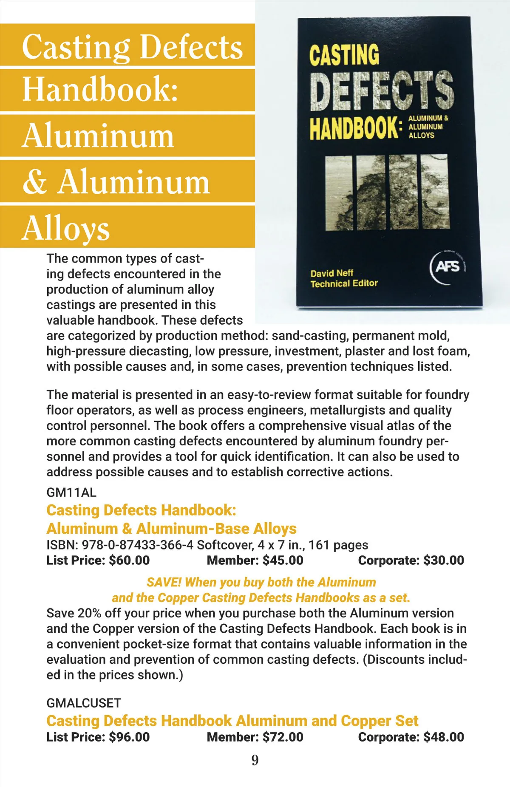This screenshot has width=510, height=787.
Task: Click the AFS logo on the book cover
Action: (x=448, y=267)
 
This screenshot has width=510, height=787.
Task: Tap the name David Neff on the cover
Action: (x=331, y=273)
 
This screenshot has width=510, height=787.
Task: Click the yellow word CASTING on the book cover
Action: (x=344, y=55)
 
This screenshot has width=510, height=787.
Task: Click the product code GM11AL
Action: (x=71, y=493)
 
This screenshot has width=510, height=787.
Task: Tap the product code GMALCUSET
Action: (x=84, y=703)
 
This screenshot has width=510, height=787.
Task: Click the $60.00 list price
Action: (x=129, y=560)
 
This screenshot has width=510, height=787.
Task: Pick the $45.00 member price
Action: (x=283, y=560)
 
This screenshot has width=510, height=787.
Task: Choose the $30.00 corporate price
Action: (x=444, y=560)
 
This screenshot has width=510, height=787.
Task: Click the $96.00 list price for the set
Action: (x=129, y=737)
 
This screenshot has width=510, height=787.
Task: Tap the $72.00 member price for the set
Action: (x=283, y=737)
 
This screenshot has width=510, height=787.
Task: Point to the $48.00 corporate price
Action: (x=444, y=737)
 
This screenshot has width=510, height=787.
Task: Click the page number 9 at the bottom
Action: (x=255, y=760)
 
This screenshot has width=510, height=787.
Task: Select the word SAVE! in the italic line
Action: (x=164, y=582)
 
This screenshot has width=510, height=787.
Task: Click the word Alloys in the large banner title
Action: (x=66, y=229)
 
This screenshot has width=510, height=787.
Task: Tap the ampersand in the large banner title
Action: (x=35, y=182)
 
